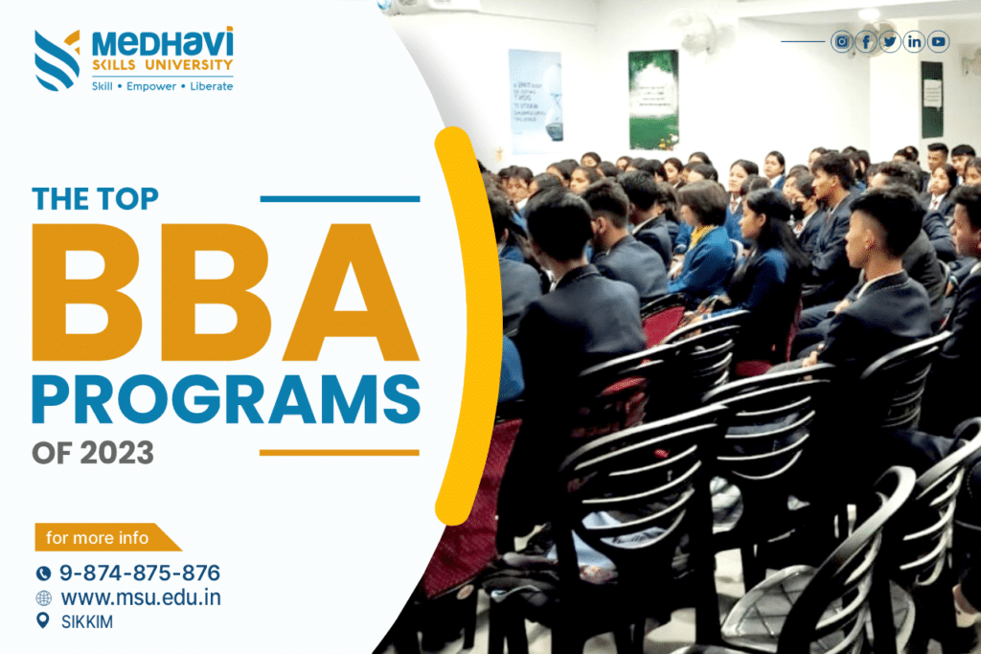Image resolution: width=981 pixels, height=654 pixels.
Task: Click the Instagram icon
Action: click(841, 41)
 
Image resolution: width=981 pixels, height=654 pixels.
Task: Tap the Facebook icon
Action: click(866, 41)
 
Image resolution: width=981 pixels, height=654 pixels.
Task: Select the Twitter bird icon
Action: click(890, 41)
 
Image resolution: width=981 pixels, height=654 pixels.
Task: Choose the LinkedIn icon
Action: click(914, 41)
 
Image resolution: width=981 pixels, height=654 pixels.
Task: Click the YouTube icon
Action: click(938, 41)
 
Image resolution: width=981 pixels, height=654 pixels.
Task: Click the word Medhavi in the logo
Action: click(162, 42)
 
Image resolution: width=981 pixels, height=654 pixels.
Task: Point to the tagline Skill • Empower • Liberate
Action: click(162, 86)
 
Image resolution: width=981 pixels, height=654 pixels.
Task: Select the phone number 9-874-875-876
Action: click(140, 574)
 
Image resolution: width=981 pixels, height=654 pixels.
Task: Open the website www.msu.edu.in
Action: click(141, 598)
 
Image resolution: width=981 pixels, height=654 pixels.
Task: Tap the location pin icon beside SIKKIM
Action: click(42, 621)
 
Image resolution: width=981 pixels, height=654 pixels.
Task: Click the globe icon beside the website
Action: click(43, 598)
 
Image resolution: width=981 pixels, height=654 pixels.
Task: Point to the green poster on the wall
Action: click(653, 100)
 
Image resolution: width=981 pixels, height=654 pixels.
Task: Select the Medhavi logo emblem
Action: click(57, 58)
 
